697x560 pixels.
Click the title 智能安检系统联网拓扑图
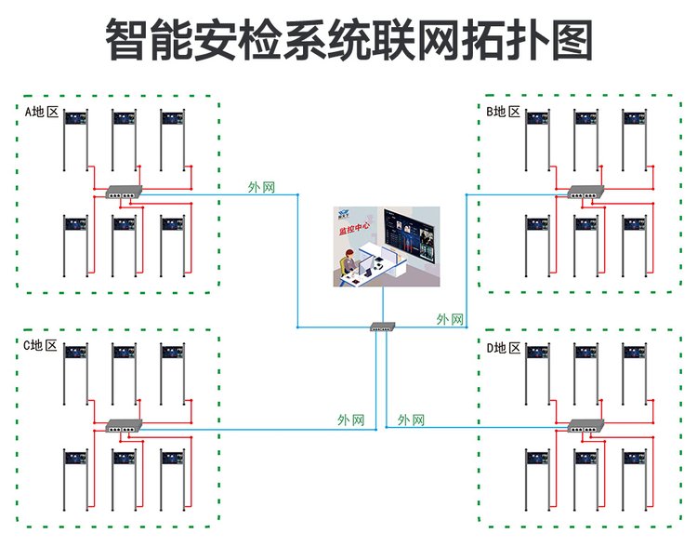point(348,42)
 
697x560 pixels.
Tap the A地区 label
point(41,113)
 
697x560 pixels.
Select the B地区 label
point(504,113)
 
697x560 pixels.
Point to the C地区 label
point(41,346)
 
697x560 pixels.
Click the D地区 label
point(504,348)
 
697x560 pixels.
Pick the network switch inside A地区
point(122,192)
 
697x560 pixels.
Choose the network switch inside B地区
point(585,192)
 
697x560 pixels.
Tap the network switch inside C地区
point(122,425)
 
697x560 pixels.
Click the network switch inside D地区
point(585,425)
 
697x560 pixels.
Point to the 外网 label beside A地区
point(261,187)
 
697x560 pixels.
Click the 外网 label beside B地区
point(450,319)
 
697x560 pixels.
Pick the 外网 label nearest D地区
point(411,420)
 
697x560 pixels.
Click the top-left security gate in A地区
point(74,140)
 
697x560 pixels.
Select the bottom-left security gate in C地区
point(74,478)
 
